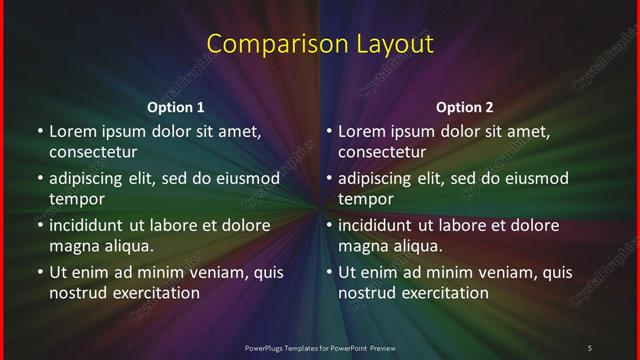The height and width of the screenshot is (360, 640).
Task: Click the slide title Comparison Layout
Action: (x=320, y=44)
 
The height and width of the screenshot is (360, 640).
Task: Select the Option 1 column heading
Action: (x=176, y=107)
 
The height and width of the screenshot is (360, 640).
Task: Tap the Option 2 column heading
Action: (x=465, y=107)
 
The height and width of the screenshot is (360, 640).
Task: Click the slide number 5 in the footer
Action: (x=590, y=347)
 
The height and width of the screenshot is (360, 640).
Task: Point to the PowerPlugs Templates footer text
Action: (x=320, y=347)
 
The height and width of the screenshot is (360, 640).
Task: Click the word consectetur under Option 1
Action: (x=93, y=152)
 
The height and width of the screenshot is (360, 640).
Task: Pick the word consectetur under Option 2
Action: (x=382, y=152)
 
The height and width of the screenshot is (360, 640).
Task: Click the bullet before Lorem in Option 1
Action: (x=40, y=131)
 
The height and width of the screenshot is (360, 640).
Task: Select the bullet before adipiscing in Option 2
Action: (x=329, y=179)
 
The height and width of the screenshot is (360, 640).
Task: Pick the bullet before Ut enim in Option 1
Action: (x=40, y=272)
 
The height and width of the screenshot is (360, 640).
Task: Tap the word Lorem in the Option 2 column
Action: (x=362, y=131)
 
